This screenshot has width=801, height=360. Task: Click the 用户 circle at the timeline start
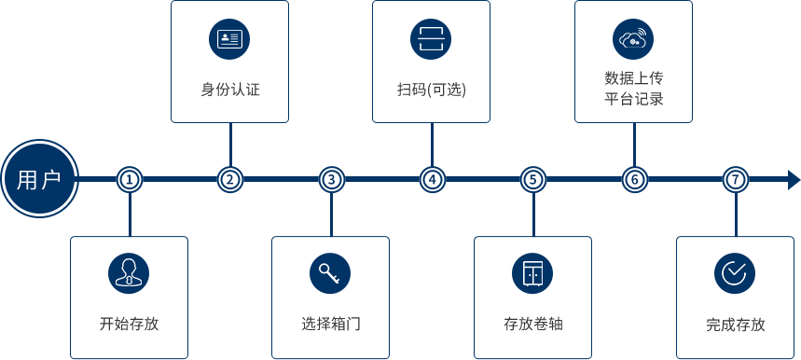click(38, 179)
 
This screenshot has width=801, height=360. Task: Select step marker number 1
click(130, 179)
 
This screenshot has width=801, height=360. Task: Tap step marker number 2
click(230, 179)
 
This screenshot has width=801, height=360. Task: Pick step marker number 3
click(331, 179)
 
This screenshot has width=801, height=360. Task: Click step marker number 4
click(432, 179)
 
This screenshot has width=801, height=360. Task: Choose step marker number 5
click(532, 179)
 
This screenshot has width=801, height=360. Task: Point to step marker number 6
click(634, 179)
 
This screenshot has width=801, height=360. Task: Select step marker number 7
click(735, 179)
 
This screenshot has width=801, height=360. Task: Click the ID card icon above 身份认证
click(229, 39)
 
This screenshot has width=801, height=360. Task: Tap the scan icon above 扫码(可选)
click(431, 39)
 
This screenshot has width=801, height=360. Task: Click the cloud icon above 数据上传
click(633, 39)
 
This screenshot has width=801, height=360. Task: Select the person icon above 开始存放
click(129, 272)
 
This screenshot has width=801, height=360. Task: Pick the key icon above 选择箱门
click(330, 272)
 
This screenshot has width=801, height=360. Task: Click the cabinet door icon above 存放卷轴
click(532, 272)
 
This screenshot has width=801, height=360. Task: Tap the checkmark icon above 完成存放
click(735, 272)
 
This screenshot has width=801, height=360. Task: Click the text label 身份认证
click(229, 90)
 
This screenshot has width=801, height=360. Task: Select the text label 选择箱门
click(330, 325)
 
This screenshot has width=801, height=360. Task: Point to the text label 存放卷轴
click(532, 325)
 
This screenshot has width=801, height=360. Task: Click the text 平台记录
click(633, 98)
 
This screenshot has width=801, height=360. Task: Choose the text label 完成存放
click(735, 325)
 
